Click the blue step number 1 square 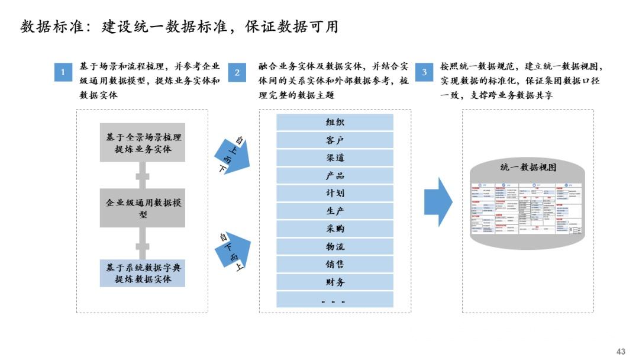point(63,72)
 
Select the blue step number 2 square point(237,72)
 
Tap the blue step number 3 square point(424,72)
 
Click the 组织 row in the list point(335,123)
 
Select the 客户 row point(335,140)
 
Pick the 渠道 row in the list point(335,158)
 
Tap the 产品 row point(335,176)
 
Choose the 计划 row point(335,193)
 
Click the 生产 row point(335,211)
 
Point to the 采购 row point(335,229)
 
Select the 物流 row point(335,246)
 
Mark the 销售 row point(335,264)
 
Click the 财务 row point(335,282)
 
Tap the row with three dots point(335,300)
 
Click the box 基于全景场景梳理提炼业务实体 point(142,143)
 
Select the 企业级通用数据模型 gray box point(142,208)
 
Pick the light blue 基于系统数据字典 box point(142,273)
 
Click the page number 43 point(621,351)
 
